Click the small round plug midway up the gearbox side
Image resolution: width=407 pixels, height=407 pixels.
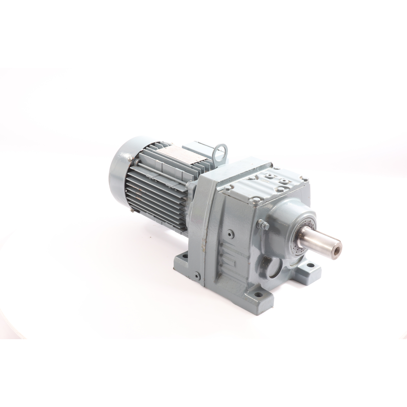click(230, 233)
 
